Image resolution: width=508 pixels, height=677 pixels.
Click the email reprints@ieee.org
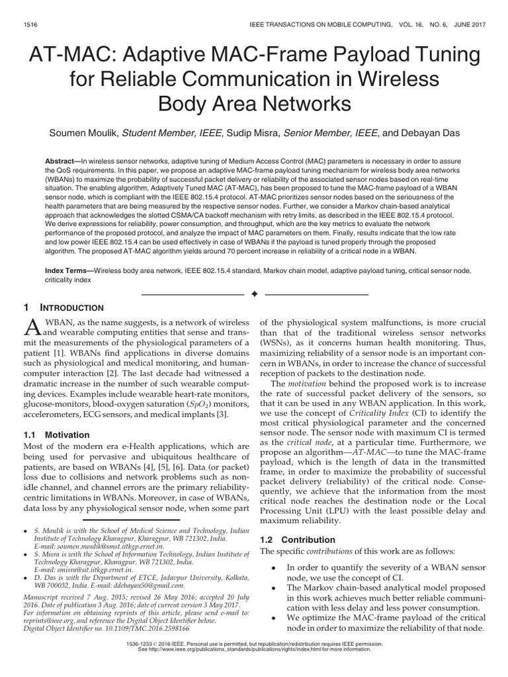click(46, 614)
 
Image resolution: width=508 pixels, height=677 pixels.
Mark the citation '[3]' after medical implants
click(224, 414)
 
